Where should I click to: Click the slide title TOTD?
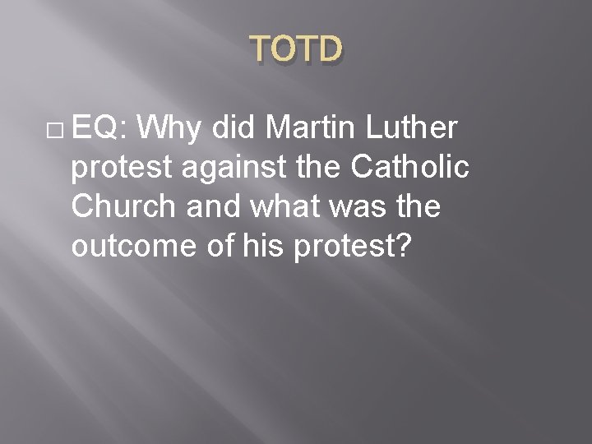tap(295, 51)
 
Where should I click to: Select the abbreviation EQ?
tap(99, 128)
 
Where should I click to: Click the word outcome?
tap(136, 246)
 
